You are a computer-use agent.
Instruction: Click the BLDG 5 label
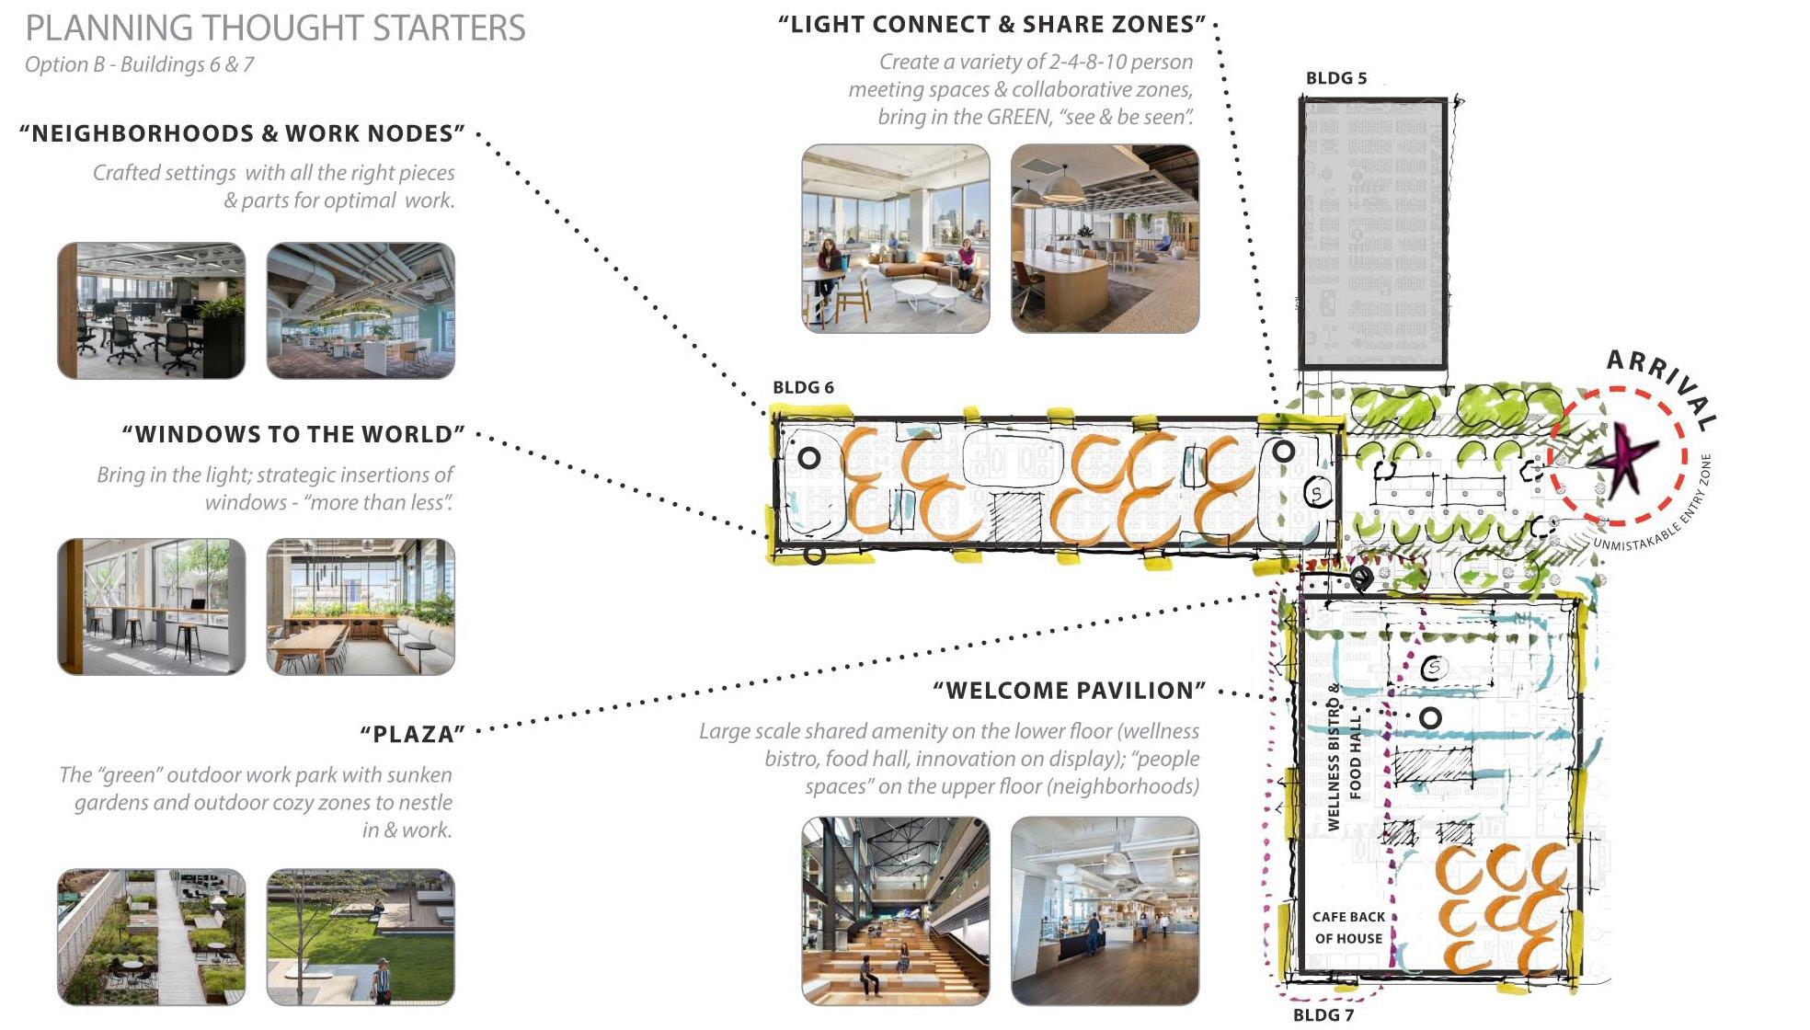click(x=1335, y=78)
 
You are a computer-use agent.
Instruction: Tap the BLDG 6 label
click(x=803, y=387)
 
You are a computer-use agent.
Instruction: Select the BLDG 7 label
click(x=1323, y=1014)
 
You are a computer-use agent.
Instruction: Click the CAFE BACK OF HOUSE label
click(x=1347, y=927)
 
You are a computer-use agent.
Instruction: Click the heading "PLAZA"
click(x=412, y=734)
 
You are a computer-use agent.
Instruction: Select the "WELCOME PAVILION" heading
click(x=1069, y=691)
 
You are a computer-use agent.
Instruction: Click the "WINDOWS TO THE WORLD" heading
click(x=293, y=434)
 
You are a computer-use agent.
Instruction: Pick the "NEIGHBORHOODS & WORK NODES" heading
click(x=242, y=133)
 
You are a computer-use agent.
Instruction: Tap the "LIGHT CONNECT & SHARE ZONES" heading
click(x=991, y=25)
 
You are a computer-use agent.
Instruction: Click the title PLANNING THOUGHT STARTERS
click(x=275, y=29)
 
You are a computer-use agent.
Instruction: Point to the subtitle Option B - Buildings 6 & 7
click(x=139, y=64)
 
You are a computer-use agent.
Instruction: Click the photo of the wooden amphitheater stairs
click(x=895, y=910)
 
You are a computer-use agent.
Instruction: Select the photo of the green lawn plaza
click(x=361, y=936)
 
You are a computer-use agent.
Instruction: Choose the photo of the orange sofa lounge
click(x=895, y=238)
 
